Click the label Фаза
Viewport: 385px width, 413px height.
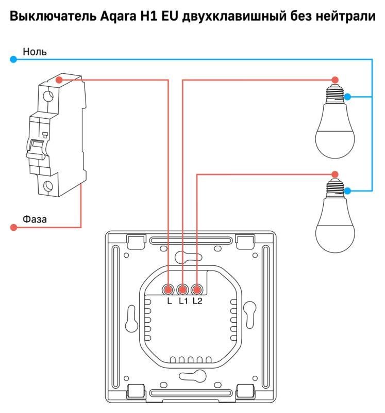35,219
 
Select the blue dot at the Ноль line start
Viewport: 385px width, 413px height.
13,60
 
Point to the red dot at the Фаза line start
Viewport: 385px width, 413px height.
13,227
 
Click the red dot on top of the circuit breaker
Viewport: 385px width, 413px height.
59,80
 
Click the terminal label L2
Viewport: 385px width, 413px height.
197,301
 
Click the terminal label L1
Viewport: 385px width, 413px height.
183,301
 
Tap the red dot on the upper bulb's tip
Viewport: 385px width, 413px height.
335,80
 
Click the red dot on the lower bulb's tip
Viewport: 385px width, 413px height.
335,174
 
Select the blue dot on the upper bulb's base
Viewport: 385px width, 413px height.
348,97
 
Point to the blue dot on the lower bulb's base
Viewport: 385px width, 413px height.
348,191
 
